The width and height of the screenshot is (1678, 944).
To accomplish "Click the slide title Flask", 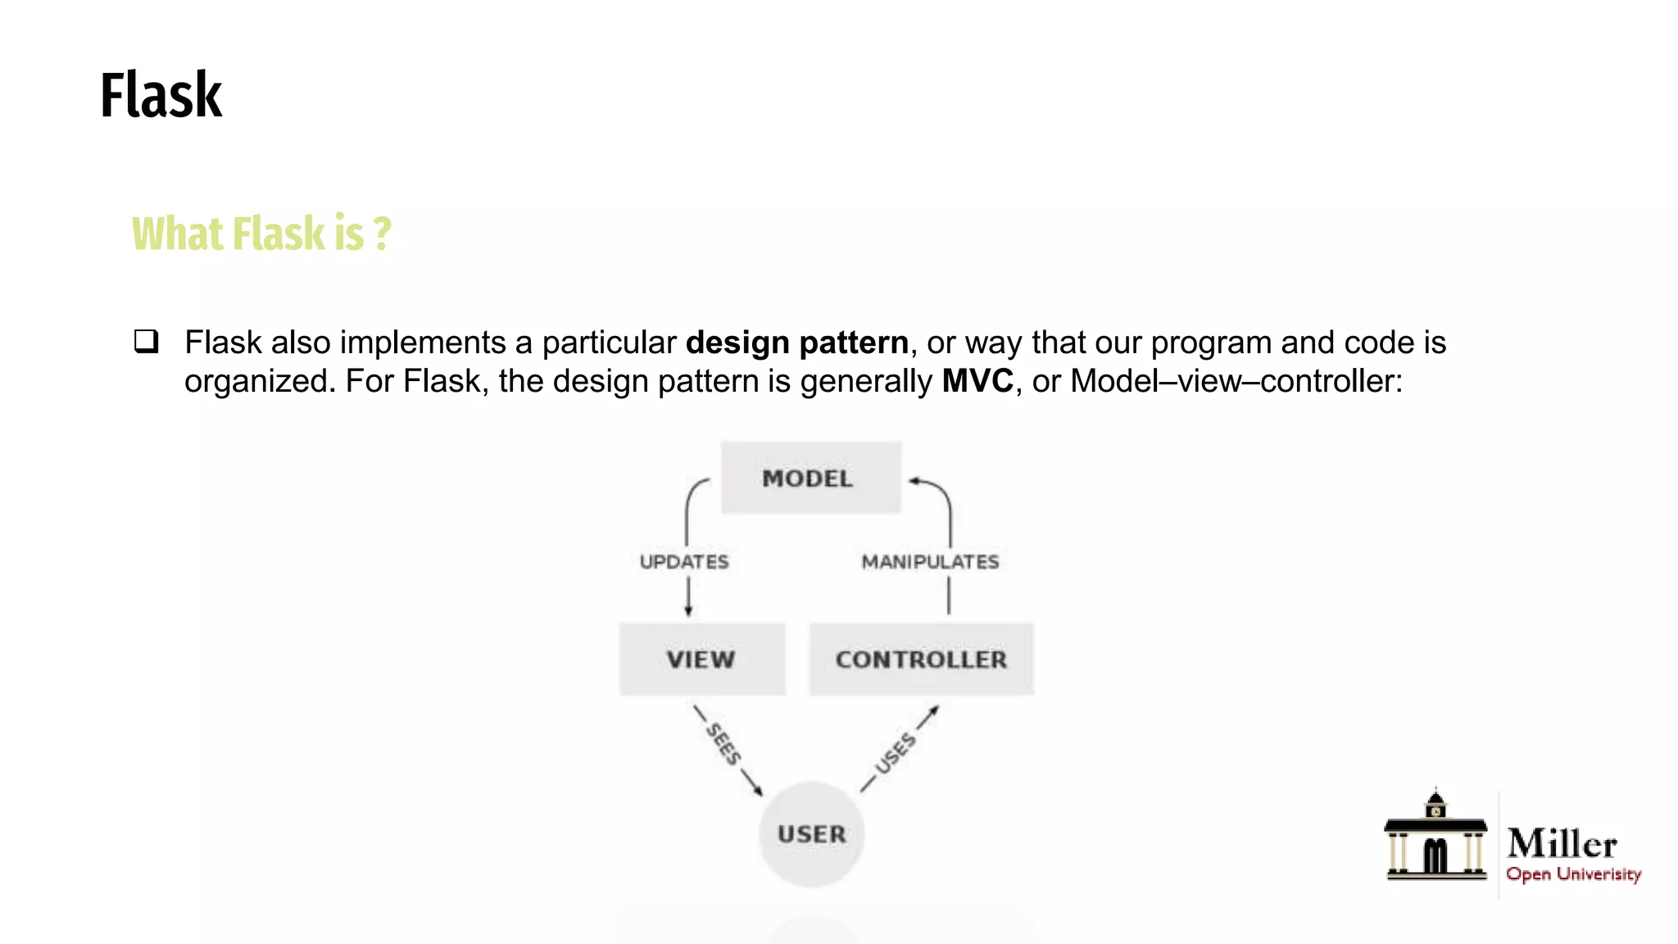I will pyautogui.click(x=161, y=96).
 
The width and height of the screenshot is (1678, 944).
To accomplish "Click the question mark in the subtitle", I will pyautogui.click(x=382, y=234).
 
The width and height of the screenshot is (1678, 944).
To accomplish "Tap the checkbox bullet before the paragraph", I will pyautogui.click(x=147, y=341).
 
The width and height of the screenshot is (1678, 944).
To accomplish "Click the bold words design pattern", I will pyautogui.click(x=796, y=343).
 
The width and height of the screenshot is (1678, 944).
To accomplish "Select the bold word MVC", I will pyautogui.click(x=977, y=381).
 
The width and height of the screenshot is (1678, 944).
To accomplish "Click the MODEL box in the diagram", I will pyautogui.click(x=810, y=479).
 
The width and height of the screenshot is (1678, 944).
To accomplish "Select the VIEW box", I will pyautogui.click(x=701, y=660).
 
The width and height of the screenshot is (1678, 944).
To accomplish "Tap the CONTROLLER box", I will pyautogui.click(x=921, y=660).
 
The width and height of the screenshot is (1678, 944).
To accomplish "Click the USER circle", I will pyautogui.click(x=811, y=834).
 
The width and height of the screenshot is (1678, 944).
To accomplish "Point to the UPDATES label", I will pyautogui.click(x=684, y=562).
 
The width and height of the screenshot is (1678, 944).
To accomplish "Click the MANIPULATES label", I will pyautogui.click(x=930, y=562).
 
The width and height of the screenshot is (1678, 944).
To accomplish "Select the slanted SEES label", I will pyautogui.click(x=723, y=744).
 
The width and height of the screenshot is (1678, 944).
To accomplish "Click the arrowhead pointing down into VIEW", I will pyautogui.click(x=688, y=610).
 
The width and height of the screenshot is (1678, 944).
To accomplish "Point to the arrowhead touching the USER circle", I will pyautogui.click(x=758, y=791).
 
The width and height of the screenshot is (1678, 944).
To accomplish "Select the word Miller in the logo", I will pyautogui.click(x=1562, y=843).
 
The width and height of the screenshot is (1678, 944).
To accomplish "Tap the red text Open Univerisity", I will pyautogui.click(x=1573, y=874).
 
